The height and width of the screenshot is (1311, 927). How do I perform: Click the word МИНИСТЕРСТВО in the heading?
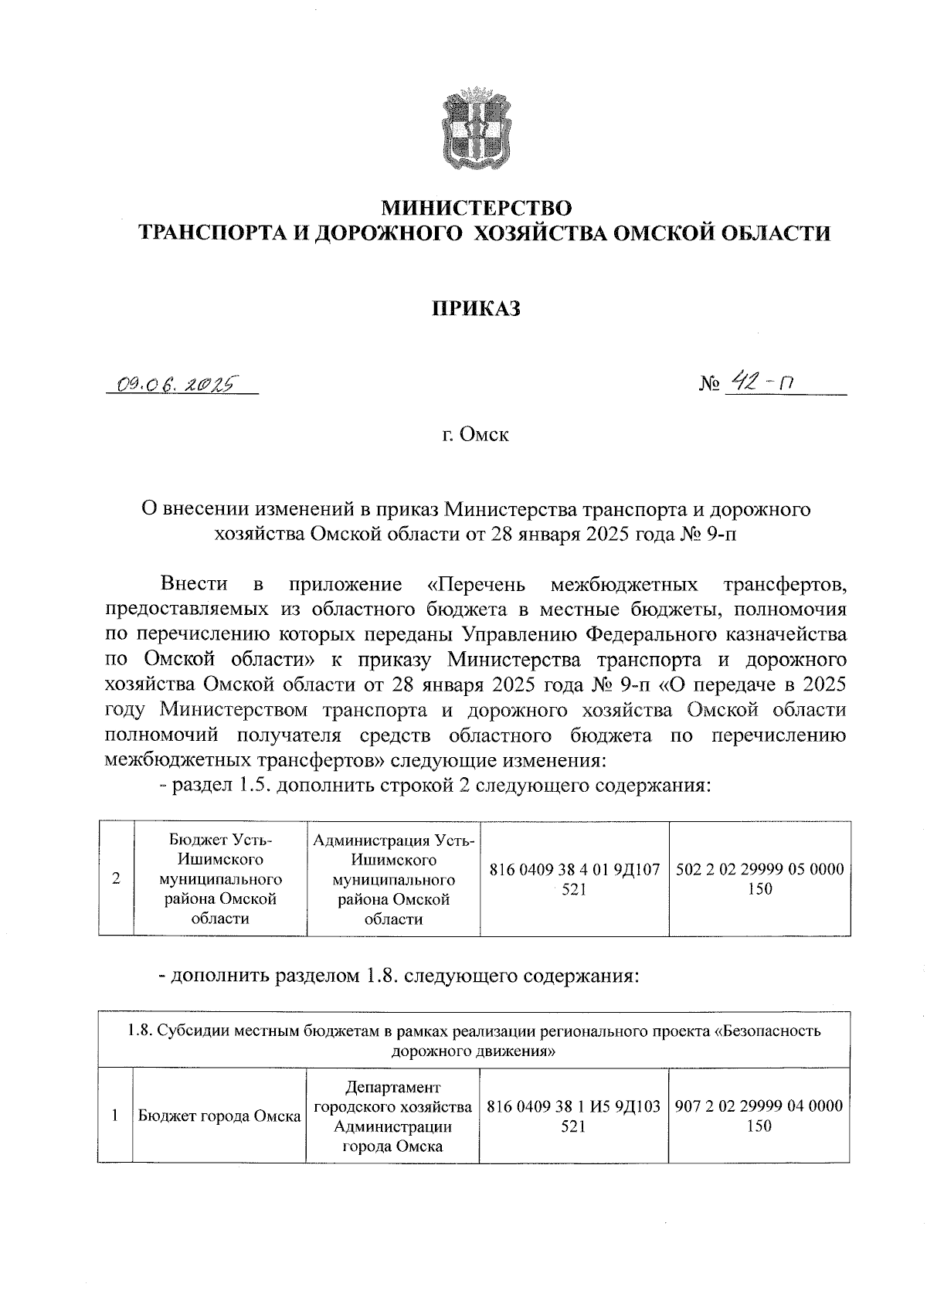pyautogui.click(x=478, y=208)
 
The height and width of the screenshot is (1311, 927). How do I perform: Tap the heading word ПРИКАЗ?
pyautogui.click(x=476, y=309)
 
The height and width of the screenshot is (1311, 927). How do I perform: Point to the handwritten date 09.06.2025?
pyautogui.click(x=175, y=383)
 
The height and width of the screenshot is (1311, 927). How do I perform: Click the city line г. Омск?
pyautogui.click(x=475, y=435)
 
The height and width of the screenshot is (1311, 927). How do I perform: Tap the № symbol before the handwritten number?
pyautogui.click(x=708, y=384)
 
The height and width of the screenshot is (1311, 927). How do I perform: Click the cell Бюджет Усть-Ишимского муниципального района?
pyautogui.click(x=220, y=878)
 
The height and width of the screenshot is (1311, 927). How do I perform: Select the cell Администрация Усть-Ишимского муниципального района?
pyautogui.click(x=393, y=878)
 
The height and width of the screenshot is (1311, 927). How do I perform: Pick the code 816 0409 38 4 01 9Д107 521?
pyautogui.click(x=574, y=879)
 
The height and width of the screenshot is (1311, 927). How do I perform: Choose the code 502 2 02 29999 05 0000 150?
pyautogui.click(x=759, y=878)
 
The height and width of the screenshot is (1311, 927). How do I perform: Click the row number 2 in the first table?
pyautogui.click(x=116, y=878)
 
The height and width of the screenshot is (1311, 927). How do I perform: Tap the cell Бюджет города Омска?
pyautogui.click(x=219, y=1116)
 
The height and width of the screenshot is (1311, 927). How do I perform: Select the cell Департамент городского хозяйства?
pyautogui.click(x=392, y=1116)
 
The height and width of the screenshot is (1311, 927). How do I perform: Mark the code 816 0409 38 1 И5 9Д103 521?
pyautogui.click(x=574, y=1116)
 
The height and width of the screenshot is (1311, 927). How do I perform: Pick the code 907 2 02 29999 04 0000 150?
pyautogui.click(x=759, y=1116)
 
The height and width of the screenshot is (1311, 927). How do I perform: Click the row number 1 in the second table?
pyautogui.click(x=115, y=1116)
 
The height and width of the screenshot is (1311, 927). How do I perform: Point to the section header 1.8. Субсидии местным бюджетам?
pyautogui.click(x=474, y=1041)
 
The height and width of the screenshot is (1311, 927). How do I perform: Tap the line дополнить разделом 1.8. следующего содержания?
pyautogui.click(x=399, y=975)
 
